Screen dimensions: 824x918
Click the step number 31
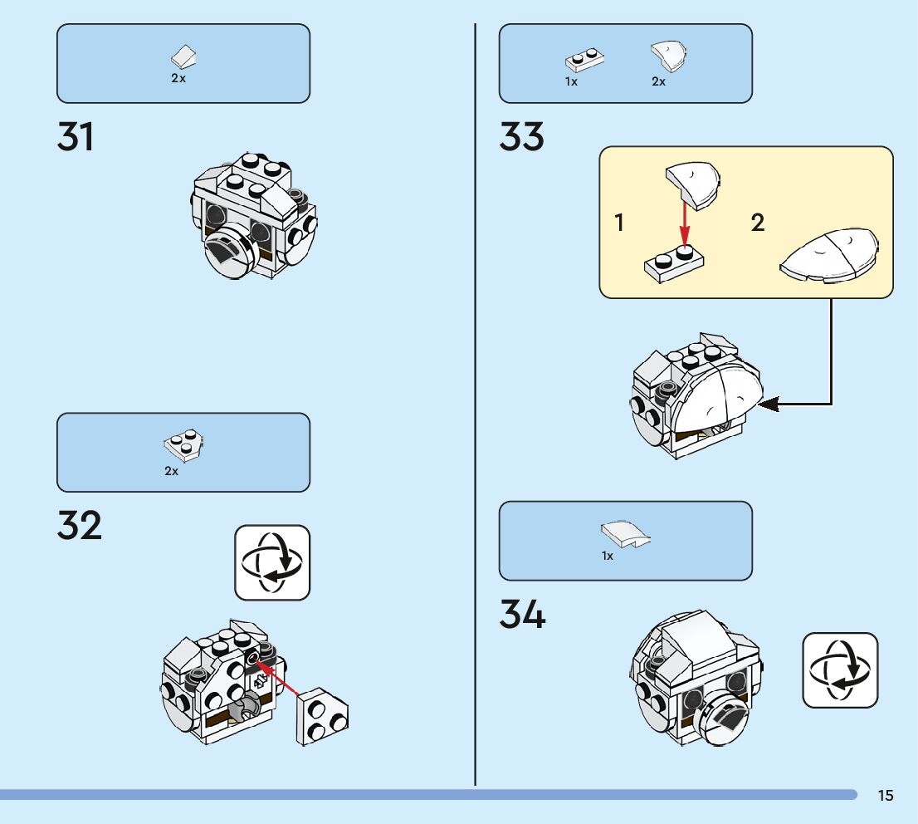[76, 137]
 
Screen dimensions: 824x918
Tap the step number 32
[80, 526]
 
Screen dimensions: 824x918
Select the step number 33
[522, 137]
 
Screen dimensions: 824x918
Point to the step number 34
[523, 615]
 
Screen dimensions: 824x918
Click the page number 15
[886, 796]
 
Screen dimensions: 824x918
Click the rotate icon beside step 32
[272, 562]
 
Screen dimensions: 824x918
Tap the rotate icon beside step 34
[840, 670]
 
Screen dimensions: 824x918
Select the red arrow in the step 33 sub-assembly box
[684, 223]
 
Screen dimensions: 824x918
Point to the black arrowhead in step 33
[769, 405]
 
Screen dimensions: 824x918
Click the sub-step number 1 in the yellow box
[619, 223]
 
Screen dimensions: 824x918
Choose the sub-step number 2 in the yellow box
[758, 223]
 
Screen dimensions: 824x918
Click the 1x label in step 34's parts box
[608, 557]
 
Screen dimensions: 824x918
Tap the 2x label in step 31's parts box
[178, 78]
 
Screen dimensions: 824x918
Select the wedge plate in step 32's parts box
[185, 445]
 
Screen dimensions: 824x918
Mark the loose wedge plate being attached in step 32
[322, 715]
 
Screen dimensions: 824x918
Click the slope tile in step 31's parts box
[184, 57]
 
